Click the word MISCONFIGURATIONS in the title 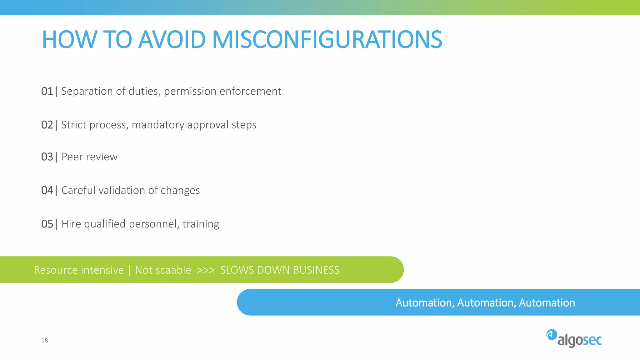327,40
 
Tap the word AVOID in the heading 172,40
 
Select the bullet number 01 47,91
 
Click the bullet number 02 47,125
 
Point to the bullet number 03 47,157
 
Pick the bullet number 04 47,190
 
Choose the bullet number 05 47,224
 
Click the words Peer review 89,157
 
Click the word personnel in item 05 154,224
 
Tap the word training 201,224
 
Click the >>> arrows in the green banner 206,270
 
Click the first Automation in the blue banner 423,302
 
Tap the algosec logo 574,338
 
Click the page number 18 45,340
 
